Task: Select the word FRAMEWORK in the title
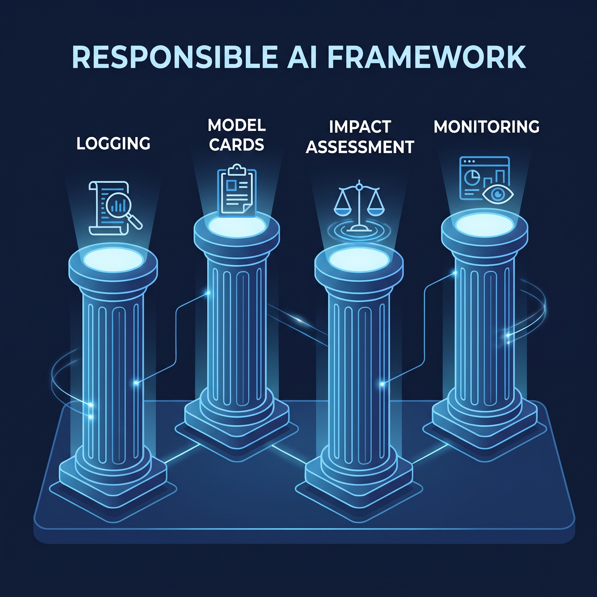pos(427,57)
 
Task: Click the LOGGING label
pos(113,143)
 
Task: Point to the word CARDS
pos(237,145)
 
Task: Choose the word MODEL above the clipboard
pos(237,125)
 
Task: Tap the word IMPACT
pos(360,127)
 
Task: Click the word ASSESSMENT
pos(360,147)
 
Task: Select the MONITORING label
pos(487,127)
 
